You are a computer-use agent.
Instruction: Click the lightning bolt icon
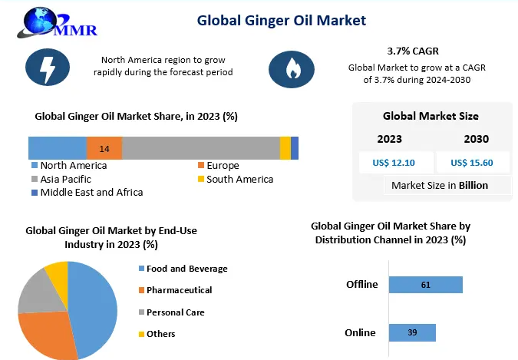(x=48, y=67)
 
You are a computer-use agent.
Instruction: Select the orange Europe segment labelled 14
(x=104, y=148)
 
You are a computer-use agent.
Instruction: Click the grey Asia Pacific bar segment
(x=201, y=148)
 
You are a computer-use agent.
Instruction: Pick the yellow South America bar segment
(x=285, y=148)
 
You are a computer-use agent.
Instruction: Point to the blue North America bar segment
(x=58, y=148)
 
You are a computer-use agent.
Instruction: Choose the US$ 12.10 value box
(x=394, y=162)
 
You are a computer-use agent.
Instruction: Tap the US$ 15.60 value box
(x=471, y=162)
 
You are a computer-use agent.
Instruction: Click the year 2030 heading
(x=476, y=139)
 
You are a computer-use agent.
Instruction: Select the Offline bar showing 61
(x=425, y=285)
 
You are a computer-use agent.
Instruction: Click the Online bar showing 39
(x=412, y=332)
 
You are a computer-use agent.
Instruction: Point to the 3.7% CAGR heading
(x=412, y=51)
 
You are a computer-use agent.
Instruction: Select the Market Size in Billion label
(x=439, y=185)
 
